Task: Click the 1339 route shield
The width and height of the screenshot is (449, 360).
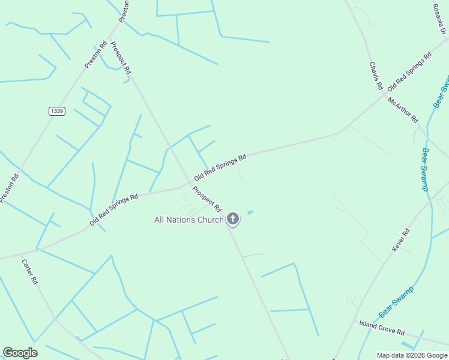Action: pyautogui.click(x=57, y=111)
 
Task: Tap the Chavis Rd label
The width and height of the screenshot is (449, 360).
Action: pyautogui.click(x=376, y=76)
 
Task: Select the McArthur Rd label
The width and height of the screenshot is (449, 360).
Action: pyautogui.click(x=403, y=110)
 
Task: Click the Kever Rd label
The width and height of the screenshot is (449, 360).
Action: pyautogui.click(x=400, y=240)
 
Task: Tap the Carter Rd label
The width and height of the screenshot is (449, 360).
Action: pyautogui.click(x=30, y=272)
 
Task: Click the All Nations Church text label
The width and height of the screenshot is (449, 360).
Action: pyautogui.click(x=189, y=220)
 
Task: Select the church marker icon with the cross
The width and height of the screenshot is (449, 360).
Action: pyautogui.click(x=233, y=219)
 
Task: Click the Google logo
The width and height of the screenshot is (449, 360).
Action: pyautogui.click(x=20, y=353)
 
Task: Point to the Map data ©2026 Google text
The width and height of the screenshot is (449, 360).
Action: pyautogui.click(x=412, y=355)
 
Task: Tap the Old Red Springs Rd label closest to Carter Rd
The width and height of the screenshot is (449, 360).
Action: pyautogui.click(x=114, y=209)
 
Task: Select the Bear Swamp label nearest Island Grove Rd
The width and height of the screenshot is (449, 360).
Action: pyautogui.click(x=396, y=302)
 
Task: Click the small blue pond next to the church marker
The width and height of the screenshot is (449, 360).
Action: pyautogui.click(x=250, y=212)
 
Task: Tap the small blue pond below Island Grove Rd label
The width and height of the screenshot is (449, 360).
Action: pyautogui.click(x=407, y=345)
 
